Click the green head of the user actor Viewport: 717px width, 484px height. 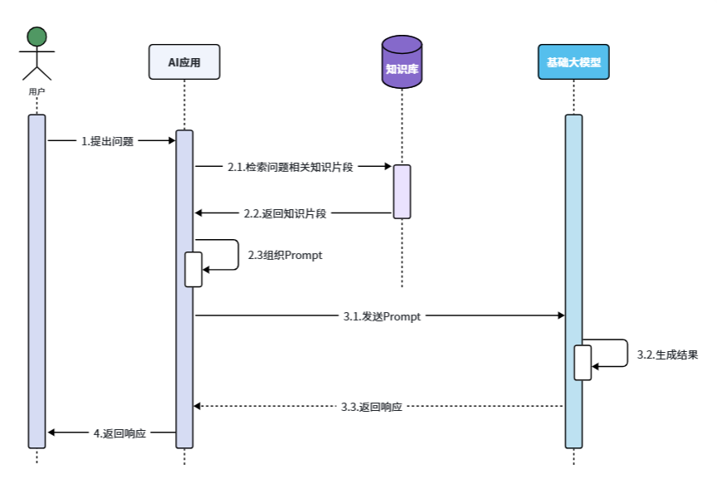(x=36, y=37)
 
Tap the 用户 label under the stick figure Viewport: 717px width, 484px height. (x=37, y=91)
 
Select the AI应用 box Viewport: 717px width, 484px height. (x=184, y=62)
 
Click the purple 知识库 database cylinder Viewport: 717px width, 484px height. (x=402, y=62)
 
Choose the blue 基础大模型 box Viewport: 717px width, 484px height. (x=573, y=62)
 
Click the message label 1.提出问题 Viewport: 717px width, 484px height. (x=107, y=141)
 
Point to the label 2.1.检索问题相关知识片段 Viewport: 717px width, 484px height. (x=290, y=167)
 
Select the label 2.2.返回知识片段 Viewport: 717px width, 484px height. (x=285, y=213)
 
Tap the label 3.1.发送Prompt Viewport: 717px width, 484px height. (x=382, y=316)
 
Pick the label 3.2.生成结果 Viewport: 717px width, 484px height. (x=667, y=354)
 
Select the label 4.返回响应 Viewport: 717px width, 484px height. (x=119, y=433)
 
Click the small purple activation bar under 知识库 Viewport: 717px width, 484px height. (x=402, y=191)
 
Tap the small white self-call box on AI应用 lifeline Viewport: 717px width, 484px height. (x=193, y=269)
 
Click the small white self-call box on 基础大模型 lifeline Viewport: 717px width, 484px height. (x=583, y=362)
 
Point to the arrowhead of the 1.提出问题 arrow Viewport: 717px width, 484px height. (x=170, y=141)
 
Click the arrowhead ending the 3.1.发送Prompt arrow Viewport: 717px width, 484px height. (x=560, y=315)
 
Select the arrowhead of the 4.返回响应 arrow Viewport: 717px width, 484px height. (x=51, y=433)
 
